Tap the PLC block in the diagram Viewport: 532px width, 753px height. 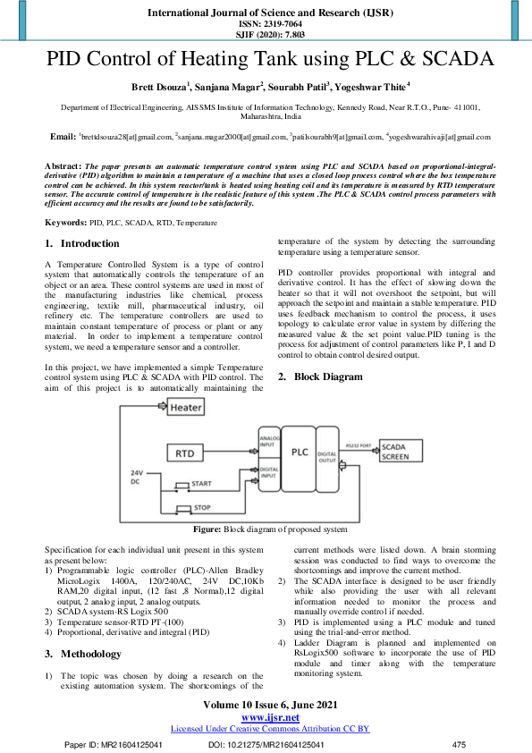[x=300, y=453]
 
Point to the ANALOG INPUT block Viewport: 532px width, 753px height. [x=268, y=440]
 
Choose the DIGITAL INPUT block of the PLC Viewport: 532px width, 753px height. [x=268, y=472]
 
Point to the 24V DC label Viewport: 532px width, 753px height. [x=137, y=477]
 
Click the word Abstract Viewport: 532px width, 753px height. [x=63, y=166]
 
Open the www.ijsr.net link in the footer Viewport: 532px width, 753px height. [x=270, y=717]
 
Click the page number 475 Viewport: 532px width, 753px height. [x=460, y=744]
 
